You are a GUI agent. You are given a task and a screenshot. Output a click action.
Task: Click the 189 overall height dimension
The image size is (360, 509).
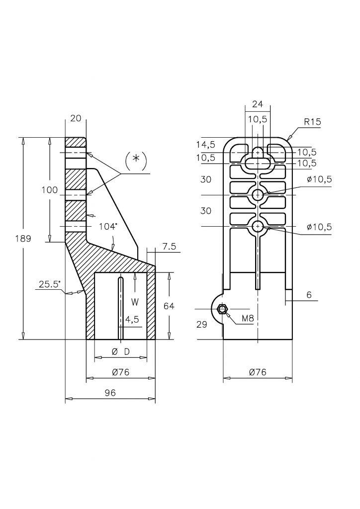(23, 239)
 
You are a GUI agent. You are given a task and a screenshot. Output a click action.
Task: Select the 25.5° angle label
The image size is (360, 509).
(50, 285)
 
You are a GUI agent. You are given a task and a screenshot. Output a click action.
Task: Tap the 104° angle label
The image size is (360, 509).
(108, 227)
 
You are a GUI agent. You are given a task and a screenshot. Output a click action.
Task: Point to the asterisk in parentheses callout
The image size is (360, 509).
(136, 159)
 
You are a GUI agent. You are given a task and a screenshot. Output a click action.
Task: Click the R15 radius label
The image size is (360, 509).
(313, 122)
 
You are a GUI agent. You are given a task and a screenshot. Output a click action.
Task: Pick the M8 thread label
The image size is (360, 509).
(248, 319)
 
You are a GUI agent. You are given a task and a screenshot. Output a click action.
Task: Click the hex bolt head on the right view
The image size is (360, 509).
(222, 309)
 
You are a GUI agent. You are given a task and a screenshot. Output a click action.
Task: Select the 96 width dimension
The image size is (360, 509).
(110, 393)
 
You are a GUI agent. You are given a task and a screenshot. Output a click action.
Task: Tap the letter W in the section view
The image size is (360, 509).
(135, 302)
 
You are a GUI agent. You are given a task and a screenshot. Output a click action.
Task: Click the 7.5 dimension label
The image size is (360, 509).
(169, 247)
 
